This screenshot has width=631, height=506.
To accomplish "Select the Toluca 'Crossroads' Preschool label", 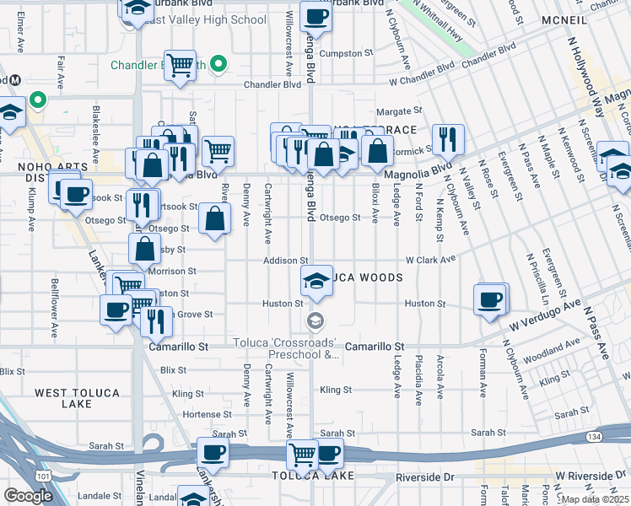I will [x=286, y=350].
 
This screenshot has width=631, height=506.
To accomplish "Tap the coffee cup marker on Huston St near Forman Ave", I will [x=489, y=299].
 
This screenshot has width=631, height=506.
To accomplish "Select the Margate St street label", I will [x=398, y=110].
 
